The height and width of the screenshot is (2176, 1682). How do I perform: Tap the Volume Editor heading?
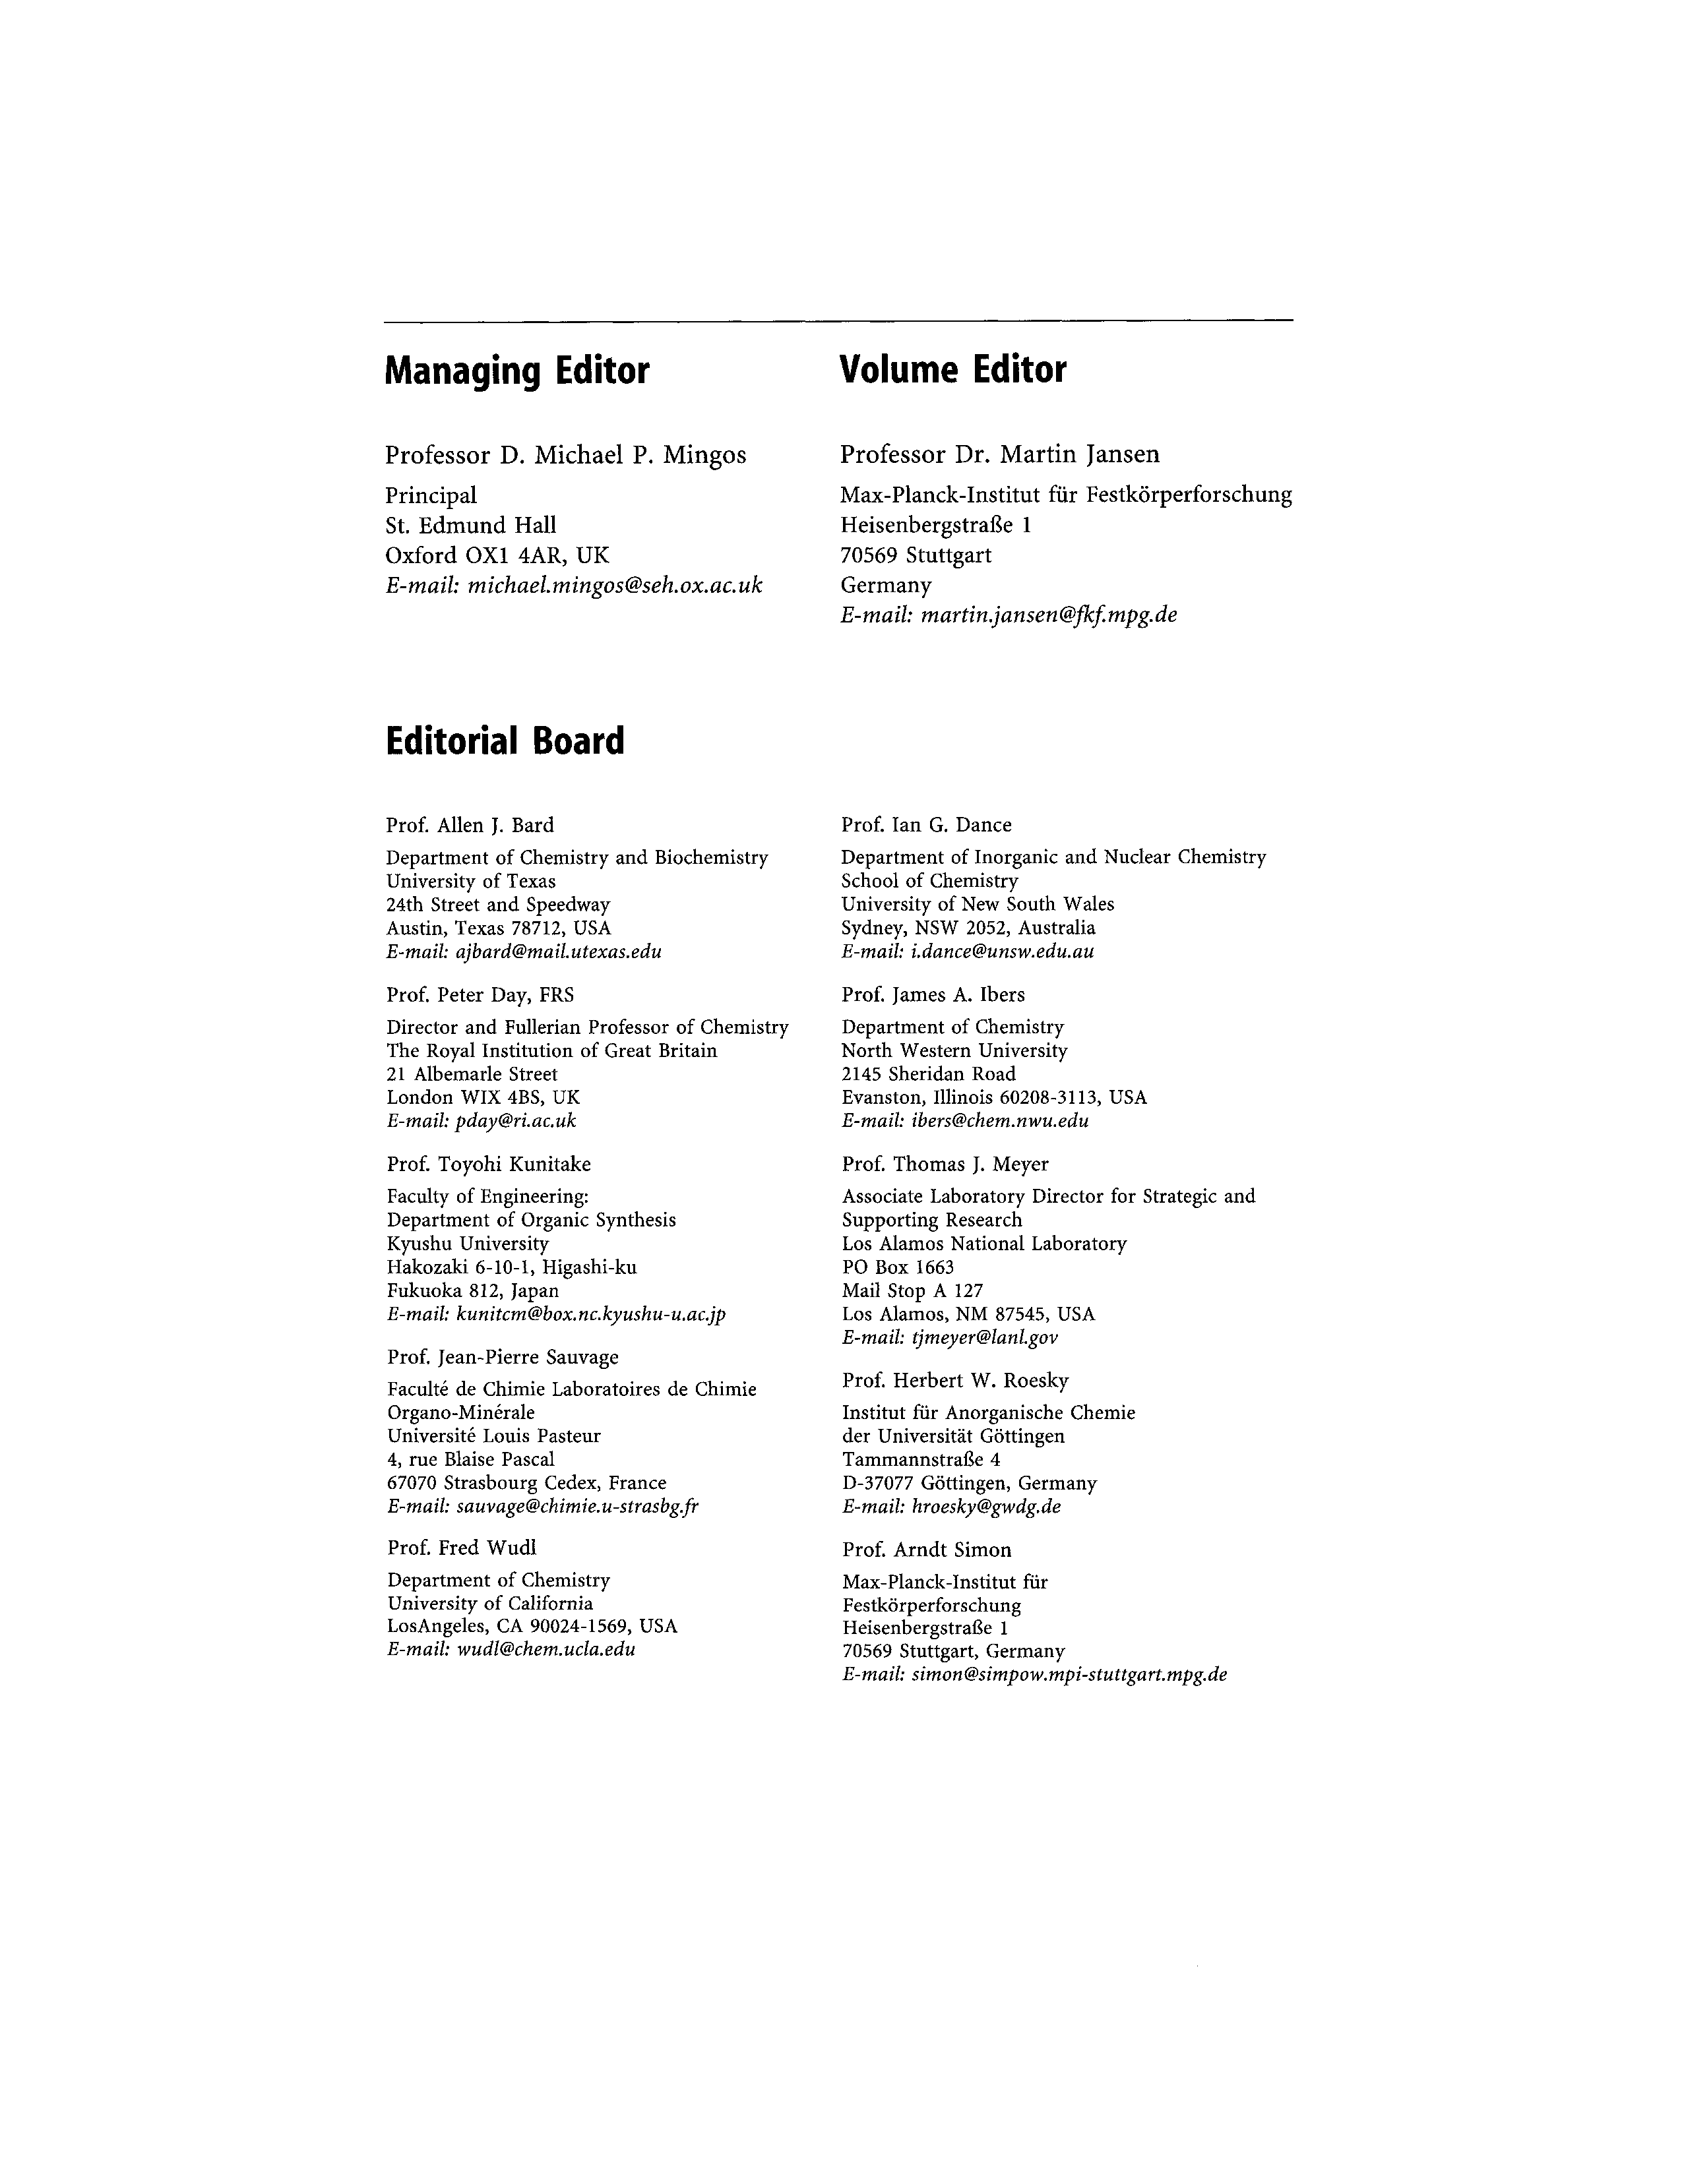tap(952, 370)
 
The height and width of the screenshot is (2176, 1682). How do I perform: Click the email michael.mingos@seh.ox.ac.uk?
tap(615, 585)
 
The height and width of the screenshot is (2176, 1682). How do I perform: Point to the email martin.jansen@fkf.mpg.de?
tap(1048, 615)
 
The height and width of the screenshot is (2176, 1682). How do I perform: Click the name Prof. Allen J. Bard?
tap(470, 825)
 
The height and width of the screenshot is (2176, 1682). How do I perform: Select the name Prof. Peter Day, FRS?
tap(480, 994)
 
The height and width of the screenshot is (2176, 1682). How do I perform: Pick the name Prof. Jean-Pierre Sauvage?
tap(502, 1357)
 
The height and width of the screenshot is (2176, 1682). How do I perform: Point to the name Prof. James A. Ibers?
tap(933, 994)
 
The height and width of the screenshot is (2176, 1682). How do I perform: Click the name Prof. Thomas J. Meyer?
tap(945, 1164)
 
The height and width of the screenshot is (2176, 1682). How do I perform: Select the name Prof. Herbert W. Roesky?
tap(954, 1380)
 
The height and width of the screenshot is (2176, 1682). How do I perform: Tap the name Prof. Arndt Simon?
tap(925, 1550)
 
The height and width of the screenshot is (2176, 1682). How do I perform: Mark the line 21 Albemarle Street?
tap(472, 1074)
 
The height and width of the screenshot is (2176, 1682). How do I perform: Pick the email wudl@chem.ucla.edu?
tap(545, 1649)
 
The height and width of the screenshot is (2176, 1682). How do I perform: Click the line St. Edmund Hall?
tap(470, 525)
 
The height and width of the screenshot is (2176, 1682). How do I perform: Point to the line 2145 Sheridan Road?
tap(929, 1074)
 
